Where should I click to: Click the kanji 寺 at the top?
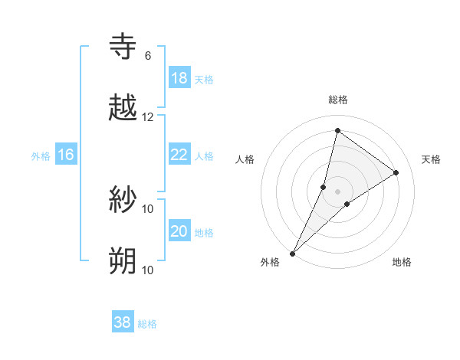click(x=123, y=47)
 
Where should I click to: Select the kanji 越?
click(x=123, y=108)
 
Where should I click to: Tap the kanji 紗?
click(x=123, y=201)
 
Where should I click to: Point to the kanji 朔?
click(x=123, y=261)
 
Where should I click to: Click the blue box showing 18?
click(x=179, y=78)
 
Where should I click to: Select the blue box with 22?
click(x=179, y=155)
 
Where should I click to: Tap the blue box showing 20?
click(x=179, y=231)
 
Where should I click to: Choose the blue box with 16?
click(x=66, y=155)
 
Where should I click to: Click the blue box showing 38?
click(x=123, y=322)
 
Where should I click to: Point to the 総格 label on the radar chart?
click(x=338, y=100)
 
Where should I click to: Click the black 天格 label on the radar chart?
click(x=432, y=159)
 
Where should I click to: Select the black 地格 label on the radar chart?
click(x=402, y=262)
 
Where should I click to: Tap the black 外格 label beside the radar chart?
click(x=270, y=262)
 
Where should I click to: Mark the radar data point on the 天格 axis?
click(x=396, y=172)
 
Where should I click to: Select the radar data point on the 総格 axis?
click(x=337, y=130)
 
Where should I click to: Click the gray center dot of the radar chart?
click(x=337, y=191)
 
